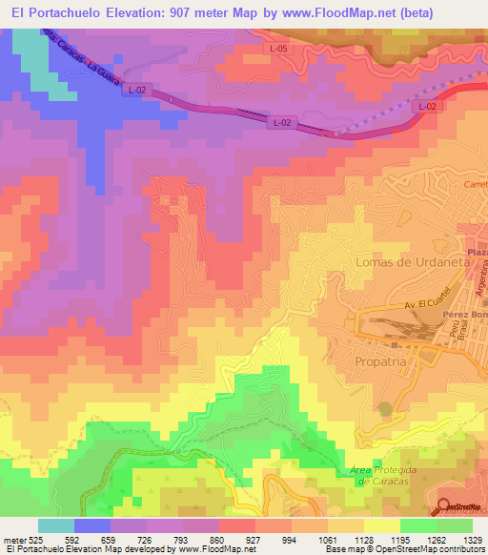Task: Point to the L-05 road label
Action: click(x=279, y=47)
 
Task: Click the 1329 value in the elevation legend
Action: click(x=457, y=539)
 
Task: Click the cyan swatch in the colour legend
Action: click(x=56, y=525)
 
